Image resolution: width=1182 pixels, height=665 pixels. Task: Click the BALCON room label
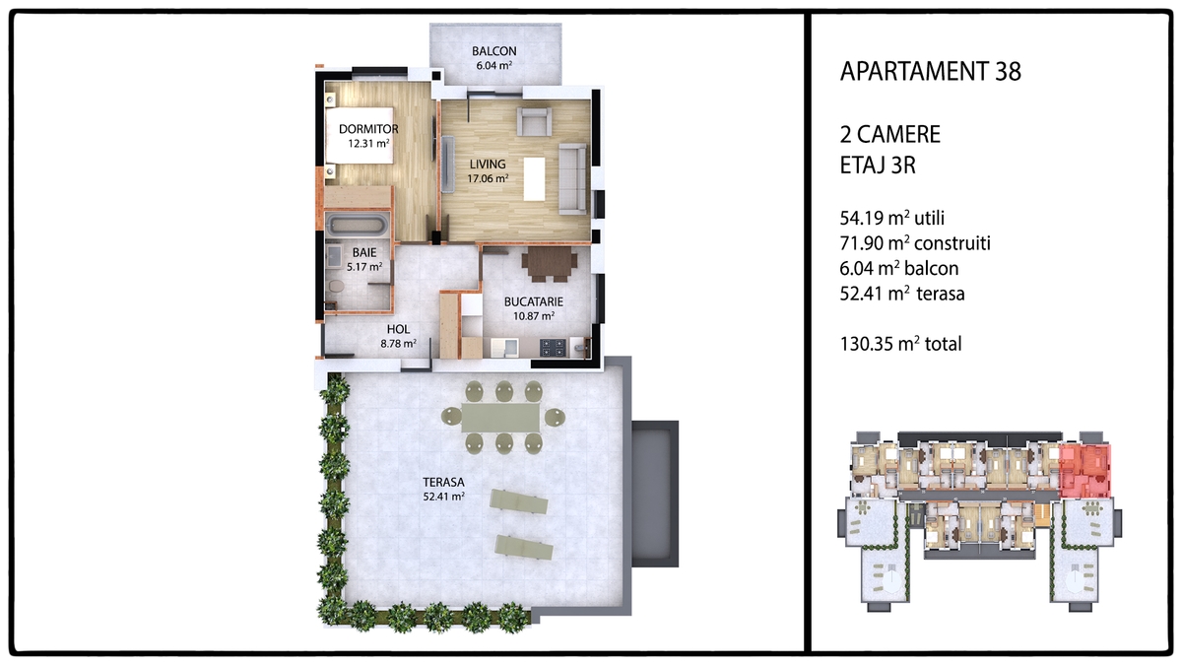pyautogui.click(x=493, y=51)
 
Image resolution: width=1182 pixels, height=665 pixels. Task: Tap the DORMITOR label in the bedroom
pyautogui.click(x=368, y=129)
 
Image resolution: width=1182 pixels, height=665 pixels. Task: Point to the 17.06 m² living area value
pyautogui.click(x=488, y=178)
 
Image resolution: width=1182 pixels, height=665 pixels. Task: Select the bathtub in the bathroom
pyautogui.click(x=357, y=226)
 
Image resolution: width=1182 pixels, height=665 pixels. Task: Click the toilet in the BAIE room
pyautogui.click(x=336, y=286)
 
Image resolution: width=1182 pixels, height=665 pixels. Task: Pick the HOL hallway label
pyautogui.click(x=398, y=329)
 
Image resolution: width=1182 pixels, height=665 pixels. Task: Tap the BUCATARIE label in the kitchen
pyautogui.click(x=534, y=301)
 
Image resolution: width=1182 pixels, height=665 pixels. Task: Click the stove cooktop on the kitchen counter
pyautogui.click(x=553, y=347)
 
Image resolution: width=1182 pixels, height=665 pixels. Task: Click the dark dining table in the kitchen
pyautogui.click(x=550, y=261)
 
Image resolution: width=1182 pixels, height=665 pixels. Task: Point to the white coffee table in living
pyautogui.click(x=534, y=179)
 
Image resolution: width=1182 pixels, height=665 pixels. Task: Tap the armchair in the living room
pyautogui.click(x=534, y=122)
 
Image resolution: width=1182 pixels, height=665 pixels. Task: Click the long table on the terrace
pyautogui.click(x=501, y=418)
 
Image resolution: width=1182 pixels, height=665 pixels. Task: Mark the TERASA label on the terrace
pyautogui.click(x=443, y=483)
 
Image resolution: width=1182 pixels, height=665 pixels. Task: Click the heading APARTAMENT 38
pyautogui.click(x=930, y=72)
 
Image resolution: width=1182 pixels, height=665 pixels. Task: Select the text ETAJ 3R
pyautogui.click(x=878, y=166)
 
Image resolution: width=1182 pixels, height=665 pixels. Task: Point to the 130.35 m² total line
pyautogui.click(x=900, y=344)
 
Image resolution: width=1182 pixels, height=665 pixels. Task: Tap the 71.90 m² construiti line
pyautogui.click(x=915, y=243)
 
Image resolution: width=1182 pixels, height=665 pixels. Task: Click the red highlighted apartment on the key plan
pyautogui.click(x=1084, y=471)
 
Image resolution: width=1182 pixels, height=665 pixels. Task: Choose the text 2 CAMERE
pyautogui.click(x=890, y=135)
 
